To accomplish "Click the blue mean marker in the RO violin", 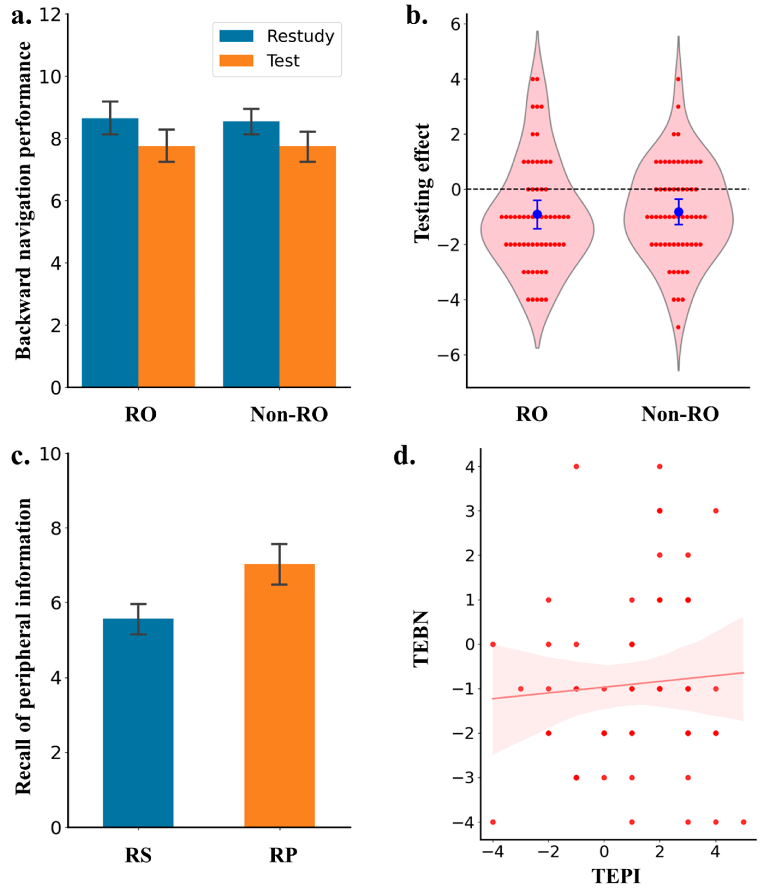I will [537, 214].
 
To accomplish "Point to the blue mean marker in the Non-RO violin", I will [679, 212].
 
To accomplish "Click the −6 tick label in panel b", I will [449, 355].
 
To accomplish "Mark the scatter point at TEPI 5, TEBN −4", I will [743, 822].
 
